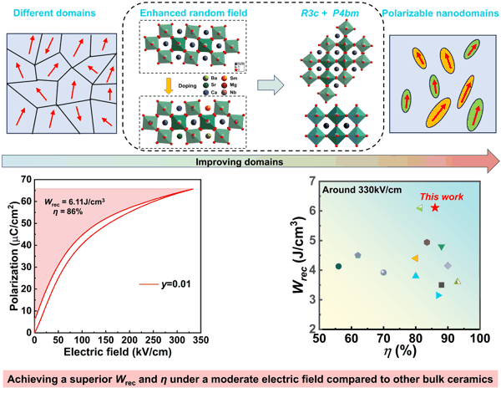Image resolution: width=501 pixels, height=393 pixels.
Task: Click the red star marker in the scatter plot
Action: click(435, 207)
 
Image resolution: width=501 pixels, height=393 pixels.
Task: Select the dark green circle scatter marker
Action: click(338, 266)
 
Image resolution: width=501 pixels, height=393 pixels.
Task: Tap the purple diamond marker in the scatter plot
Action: click(448, 266)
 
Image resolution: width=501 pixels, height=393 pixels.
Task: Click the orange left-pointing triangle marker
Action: click(414, 258)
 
